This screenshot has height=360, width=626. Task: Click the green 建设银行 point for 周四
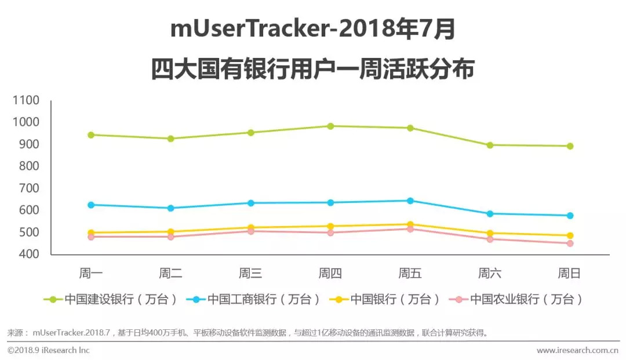click(x=330, y=126)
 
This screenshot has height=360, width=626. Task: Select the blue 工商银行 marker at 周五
click(x=410, y=201)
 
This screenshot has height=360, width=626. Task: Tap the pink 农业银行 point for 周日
click(x=570, y=243)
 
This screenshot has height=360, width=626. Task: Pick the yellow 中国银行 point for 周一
click(x=91, y=232)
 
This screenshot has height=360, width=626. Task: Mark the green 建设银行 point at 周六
click(x=490, y=145)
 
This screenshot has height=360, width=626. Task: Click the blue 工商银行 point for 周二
click(x=171, y=208)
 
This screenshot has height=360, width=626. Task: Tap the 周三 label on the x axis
click(x=250, y=274)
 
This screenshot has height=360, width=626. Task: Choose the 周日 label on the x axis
click(x=569, y=274)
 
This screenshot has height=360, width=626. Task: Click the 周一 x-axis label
click(x=91, y=274)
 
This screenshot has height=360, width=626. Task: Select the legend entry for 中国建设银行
click(x=110, y=300)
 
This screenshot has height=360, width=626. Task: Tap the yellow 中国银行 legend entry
click(x=383, y=300)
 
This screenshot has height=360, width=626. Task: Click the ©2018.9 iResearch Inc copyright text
click(x=49, y=350)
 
